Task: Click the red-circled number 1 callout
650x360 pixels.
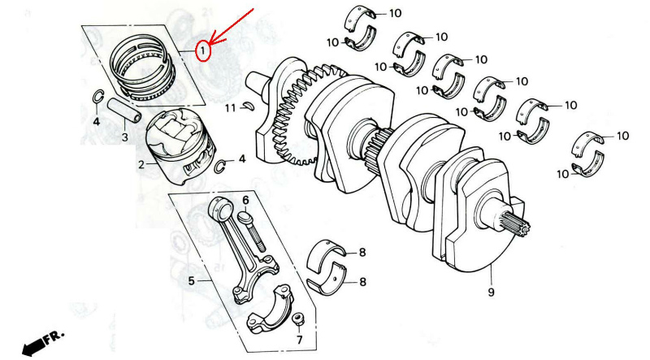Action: pyautogui.click(x=202, y=51)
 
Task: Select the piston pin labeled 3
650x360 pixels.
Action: pyautogui.click(x=124, y=111)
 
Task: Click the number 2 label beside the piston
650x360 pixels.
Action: pyautogui.click(x=141, y=165)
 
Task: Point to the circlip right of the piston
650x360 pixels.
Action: pyautogui.click(x=220, y=166)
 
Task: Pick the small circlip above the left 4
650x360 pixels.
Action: pyautogui.click(x=97, y=96)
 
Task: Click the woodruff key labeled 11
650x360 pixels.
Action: pyautogui.click(x=249, y=106)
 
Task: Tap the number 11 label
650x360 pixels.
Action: pyautogui.click(x=231, y=108)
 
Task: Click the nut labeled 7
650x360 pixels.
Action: pyautogui.click(x=297, y=319)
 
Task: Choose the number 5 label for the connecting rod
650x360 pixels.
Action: pyautogui.click(x=191, y=281)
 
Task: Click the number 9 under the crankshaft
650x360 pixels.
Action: pyautogui.click(x=492, y=293)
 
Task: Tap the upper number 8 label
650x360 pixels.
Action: pyautogui.click(x=362, y=252)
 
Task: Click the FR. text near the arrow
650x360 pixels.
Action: pyautogui.click(x=54, y=335)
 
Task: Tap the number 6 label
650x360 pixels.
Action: pyautogui.click(x=245, y=201)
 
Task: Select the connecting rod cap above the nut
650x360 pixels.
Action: pyautogui.click(x=270, y=309)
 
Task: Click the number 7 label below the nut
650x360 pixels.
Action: pyautogui.click(x=299, y=340)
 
